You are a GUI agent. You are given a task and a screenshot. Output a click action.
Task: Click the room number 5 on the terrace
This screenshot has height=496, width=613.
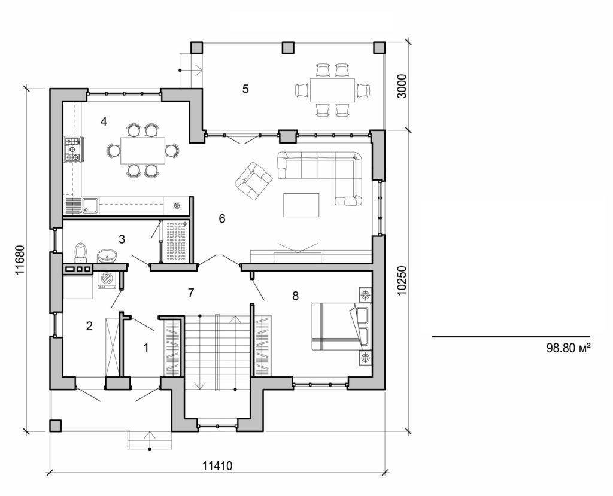click(x=245, y=89)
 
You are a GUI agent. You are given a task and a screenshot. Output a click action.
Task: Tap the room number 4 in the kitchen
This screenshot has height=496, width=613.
click(x=104, y=121)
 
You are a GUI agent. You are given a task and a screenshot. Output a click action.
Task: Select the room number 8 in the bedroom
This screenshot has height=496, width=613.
click(x=295, y=296)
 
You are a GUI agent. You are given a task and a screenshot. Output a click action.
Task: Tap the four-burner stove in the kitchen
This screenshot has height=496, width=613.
click(x=74, y=149)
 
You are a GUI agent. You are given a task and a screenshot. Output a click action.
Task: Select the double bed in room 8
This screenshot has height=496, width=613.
click(x=340, y=326)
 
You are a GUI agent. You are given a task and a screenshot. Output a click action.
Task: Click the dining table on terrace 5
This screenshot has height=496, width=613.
click(x=332, y=90)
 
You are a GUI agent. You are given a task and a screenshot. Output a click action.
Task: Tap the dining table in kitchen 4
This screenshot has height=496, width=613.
click(x=142, y=150)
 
